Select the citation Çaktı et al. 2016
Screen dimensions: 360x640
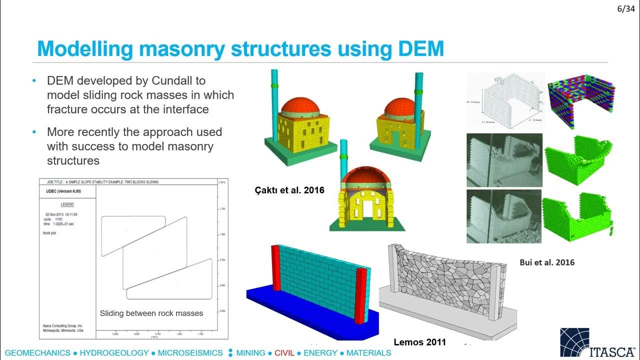pyautogui.click(x=288, y=190)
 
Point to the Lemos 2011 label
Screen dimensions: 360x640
pyautogui.click(x=419, y=342)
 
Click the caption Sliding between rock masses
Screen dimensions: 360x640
pyautogui.click(x=151, y=313)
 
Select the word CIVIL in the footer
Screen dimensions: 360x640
pyautogui.click(x=284, y=353)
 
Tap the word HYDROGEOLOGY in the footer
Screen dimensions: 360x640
pyautogui.click(x=114, y=353)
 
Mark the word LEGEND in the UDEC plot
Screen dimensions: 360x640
pyautogui.click(x=67, y=204)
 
